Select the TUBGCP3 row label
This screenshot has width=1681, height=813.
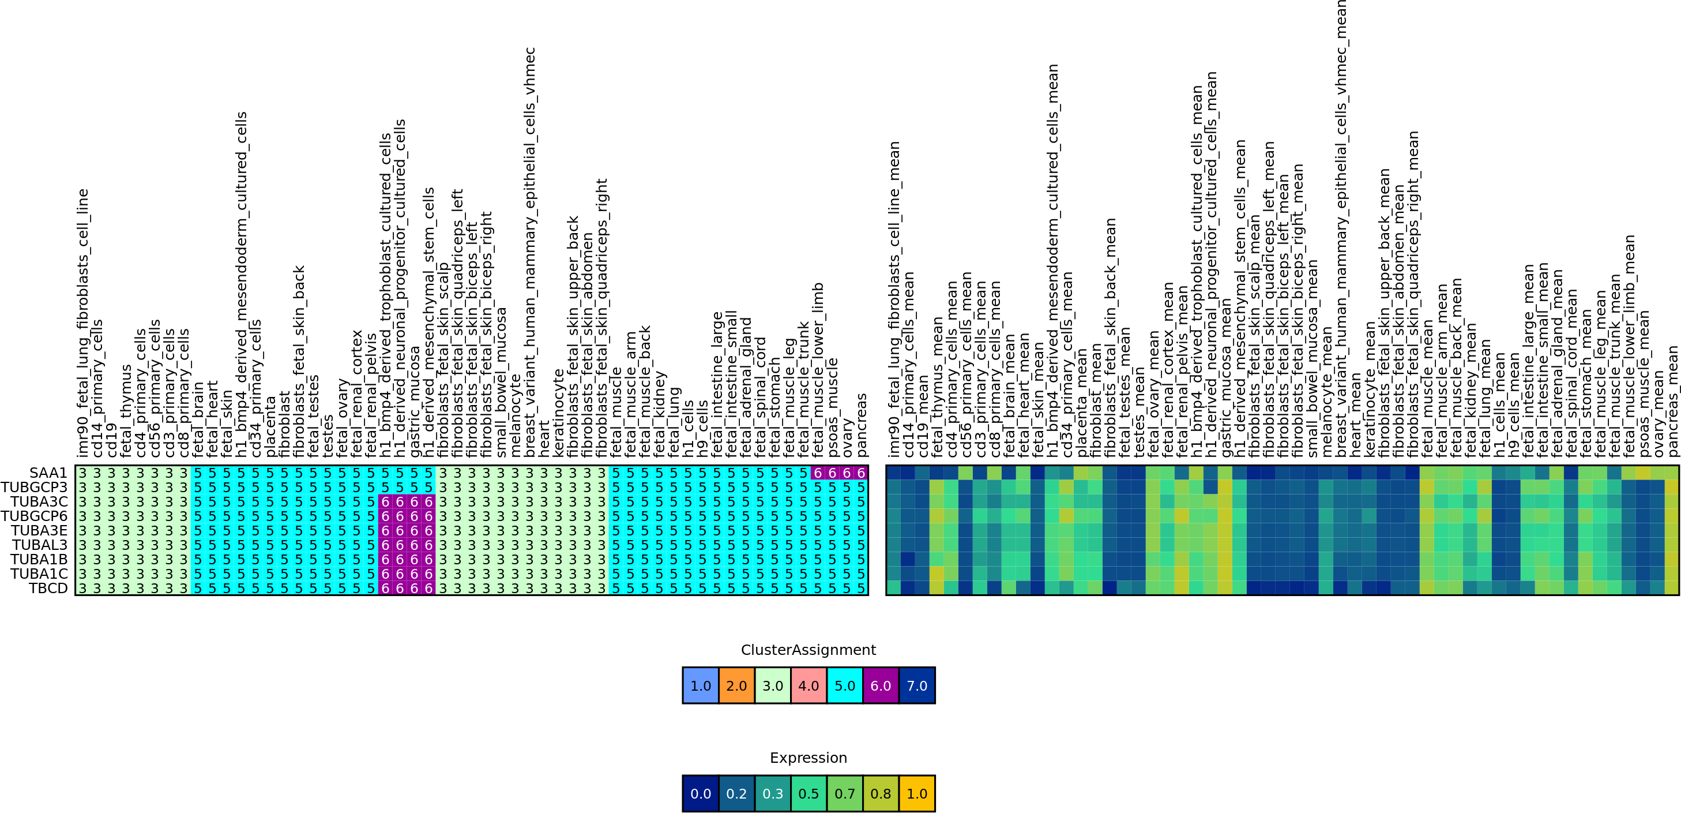pyautogui.click(x=34, y=487)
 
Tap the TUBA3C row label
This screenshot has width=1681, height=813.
pyautogui.click(x=39, y=501)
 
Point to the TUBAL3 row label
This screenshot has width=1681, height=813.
pyautogui.click(x=39, y=545)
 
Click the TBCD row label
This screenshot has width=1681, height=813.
pyautogui.click(x=48, y=588)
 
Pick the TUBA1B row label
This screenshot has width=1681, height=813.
pyautogui.click(x=39, y=559)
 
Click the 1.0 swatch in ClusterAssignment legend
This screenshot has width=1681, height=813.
pyautogui.click(x=700, y=685)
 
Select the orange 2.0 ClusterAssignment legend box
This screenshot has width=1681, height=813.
pyautogui.click(x=736, y=685)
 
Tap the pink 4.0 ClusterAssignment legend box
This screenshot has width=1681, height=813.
pyautogui.click(x=808, y=685)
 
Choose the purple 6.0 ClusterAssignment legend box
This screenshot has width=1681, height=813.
pyautogui.click(x=881, y=685)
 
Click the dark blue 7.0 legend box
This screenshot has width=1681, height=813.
pyautogui.click(x=917, y=685)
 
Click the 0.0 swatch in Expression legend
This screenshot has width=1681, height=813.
pyautogui.click(x=700, y=793)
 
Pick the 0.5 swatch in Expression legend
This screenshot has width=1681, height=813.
pyautogui.click(x=808, y=793)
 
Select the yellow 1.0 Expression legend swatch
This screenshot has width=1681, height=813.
pyautogui.click(x=917, y=793)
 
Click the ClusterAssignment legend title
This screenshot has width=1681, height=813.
pyautogui.click(x=808, y=650)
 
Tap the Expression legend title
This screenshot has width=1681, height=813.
pyautogui.click(x=808, y=758)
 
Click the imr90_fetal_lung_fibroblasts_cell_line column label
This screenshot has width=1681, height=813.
pyautogui.click(x=83, y=323)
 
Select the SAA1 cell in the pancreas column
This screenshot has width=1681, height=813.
pyautogui.click(x=861, y=473)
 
